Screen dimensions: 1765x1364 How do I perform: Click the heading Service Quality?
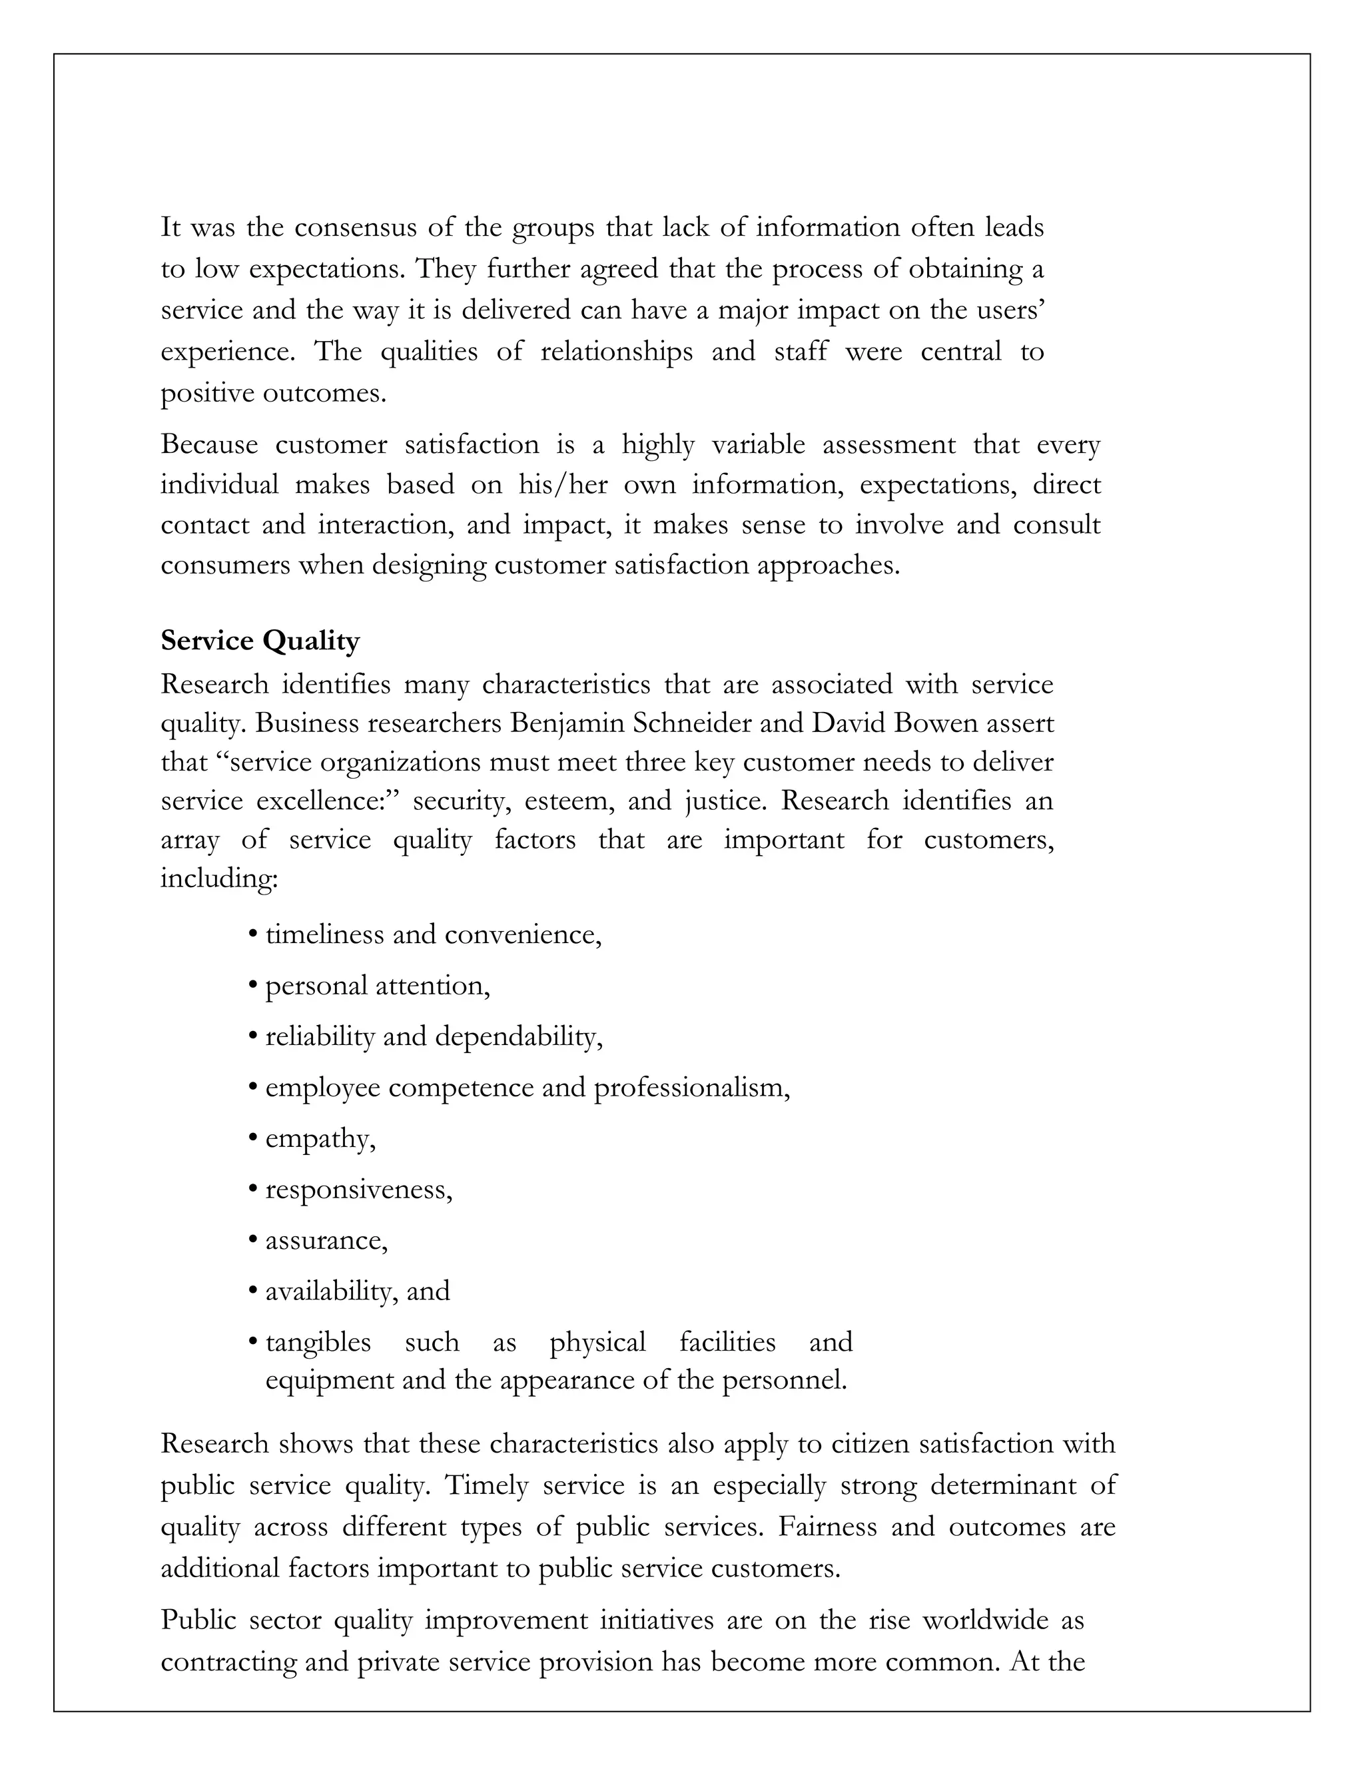(x=260, y=641)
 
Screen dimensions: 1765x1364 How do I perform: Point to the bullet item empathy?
(x=319, y=1140)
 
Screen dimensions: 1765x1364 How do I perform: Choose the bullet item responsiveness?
(x=358, y=1190)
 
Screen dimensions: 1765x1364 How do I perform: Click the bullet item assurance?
(x=326, y=1241)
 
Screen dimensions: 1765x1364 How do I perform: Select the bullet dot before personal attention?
(x=253, y=987)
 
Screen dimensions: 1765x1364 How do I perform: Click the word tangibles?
(x=318, y=1342)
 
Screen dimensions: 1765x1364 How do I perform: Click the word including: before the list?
(x=219, y=879)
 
